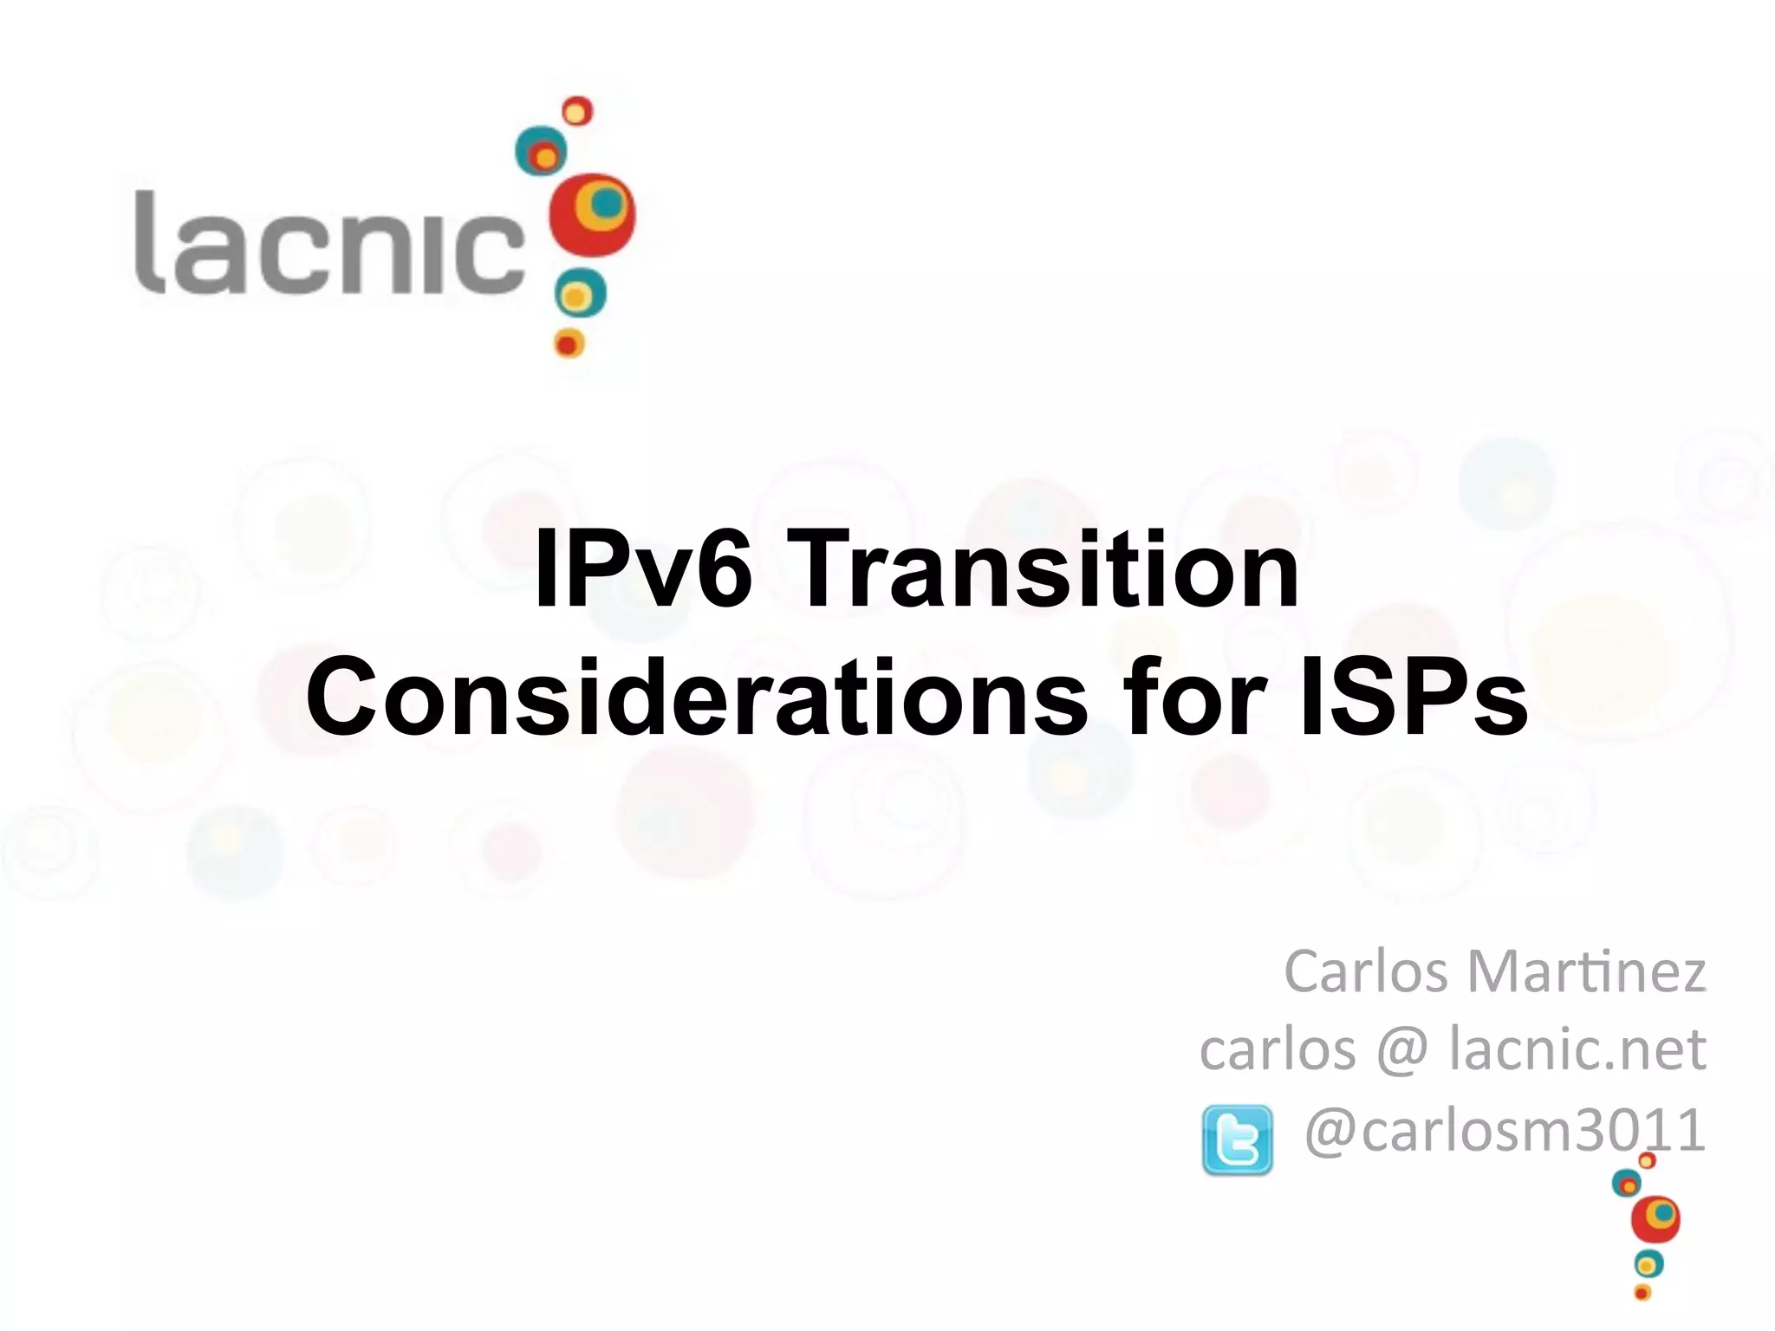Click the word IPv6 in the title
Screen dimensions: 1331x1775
(x=642, y=569)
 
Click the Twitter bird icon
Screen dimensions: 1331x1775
(x=1238, y=1139)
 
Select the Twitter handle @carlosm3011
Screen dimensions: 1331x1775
(x=1505, y=1130)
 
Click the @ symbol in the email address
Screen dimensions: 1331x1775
(x=1401, y=1049)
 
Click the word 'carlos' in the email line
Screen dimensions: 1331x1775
(x=1278, y=1049)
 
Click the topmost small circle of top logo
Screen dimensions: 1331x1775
(x=577, y=111)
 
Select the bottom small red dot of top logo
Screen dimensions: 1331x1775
(x=569, y=343)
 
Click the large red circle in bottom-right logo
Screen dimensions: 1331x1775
(x=1655, y=1219)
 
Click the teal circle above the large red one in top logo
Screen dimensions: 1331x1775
(x=541, y=153)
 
